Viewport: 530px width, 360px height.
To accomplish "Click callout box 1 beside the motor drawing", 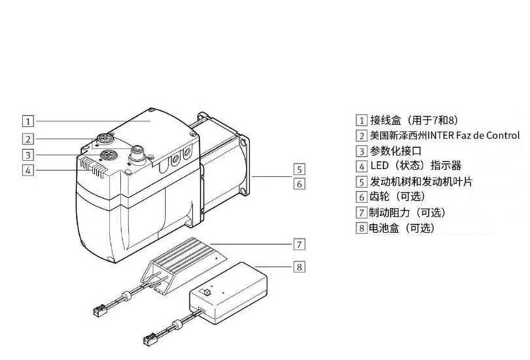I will point(27,120).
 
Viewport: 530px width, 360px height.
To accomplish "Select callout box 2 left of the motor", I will point(27,138).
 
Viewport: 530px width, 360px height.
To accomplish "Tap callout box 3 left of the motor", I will point(27,155).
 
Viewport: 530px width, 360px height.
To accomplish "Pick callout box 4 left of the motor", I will point(27,170).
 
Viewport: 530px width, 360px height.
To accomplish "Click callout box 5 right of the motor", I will point(299,169).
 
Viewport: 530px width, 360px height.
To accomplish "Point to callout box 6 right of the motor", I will point(299,184).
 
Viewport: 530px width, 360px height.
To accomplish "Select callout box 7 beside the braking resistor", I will point(299,244).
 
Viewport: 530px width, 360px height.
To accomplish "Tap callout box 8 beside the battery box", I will point(299,267).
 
